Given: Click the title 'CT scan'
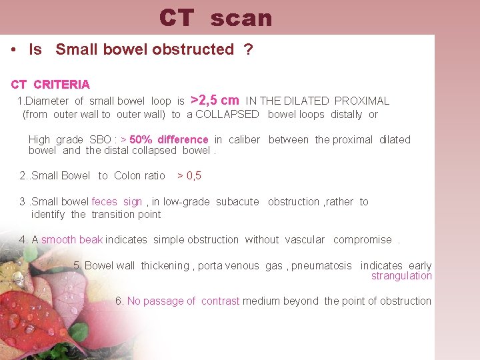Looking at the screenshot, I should pyautogui.click(x=216, y=18).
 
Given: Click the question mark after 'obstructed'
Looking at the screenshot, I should pyautogui.click(x=249, y=50).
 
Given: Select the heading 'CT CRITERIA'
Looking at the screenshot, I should pyautogui.click(x=51, y=85).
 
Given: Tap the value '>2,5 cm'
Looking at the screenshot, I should pyautogui.click(x=215, y=101).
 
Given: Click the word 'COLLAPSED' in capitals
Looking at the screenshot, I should pyautogui.click(x=227, y=115).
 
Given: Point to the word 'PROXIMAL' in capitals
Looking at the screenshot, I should pyautogui.click(x=362, y=101).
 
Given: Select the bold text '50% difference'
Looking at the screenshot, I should pyautogui.click(x=169, y=140).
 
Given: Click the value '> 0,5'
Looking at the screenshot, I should pyautogui.click(x=189, y=176).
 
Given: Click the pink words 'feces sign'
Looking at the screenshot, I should pyautogui.click(x=117, y=202).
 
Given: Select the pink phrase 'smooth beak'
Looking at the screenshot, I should pyautogui.click(x=71, y=240).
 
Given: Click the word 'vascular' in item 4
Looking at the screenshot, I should pyautogui.click(x=305, y=240).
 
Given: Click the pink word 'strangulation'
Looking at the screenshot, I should pyautogui.click(x=401, y=276).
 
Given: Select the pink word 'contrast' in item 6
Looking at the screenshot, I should pyautogui.click(x=220, y=301).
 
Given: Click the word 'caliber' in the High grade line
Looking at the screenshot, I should pyautogui.click(x=244, y=140).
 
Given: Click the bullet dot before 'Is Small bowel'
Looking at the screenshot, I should pyautogui.click(x=14, y=50).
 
